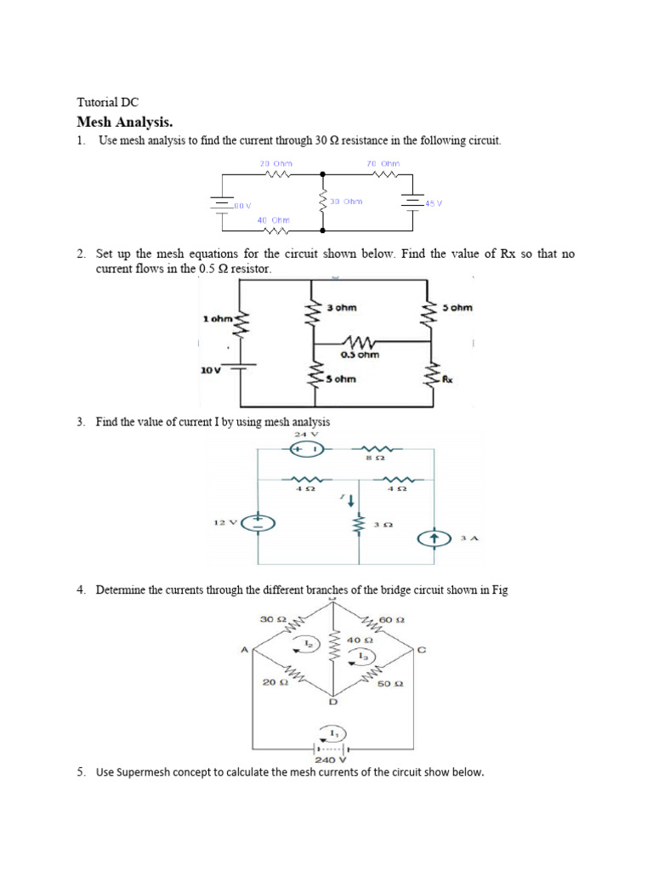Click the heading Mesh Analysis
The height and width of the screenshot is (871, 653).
pos(124,122)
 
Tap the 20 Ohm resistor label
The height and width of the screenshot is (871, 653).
pos(275,163)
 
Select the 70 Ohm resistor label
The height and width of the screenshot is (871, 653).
pos(383,163)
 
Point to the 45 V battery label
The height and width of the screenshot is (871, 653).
pos(434,202)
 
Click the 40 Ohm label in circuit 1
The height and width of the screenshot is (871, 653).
pos(274,219)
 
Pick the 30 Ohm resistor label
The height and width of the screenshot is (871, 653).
pos(346,202)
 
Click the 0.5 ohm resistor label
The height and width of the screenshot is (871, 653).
pos(359,355)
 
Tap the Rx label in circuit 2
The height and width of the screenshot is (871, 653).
pos(446,380)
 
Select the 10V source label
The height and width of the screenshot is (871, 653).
pos(212,370)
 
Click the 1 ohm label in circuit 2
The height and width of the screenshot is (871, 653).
pos(217,318)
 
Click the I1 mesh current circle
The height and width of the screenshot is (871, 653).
pos(332,735)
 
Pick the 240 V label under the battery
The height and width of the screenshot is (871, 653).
pos(331,760)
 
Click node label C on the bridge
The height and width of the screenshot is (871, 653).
pos(421,651)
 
